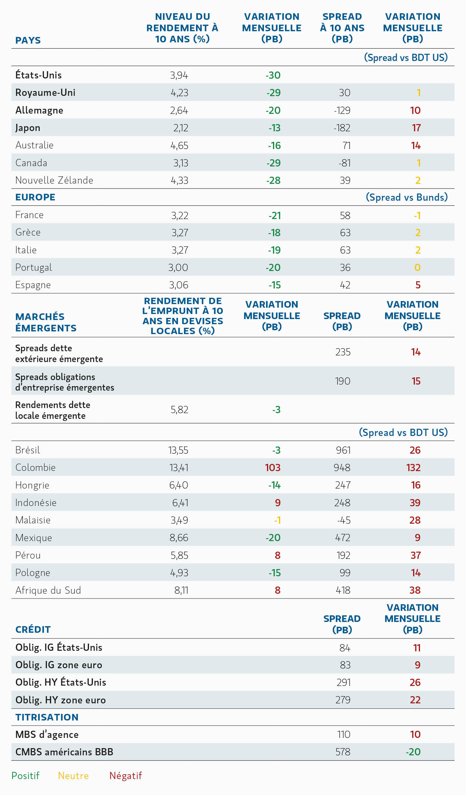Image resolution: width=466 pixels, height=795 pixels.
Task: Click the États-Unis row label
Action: click(x=38, y=75)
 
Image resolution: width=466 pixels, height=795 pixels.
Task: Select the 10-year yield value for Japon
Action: click(x=181, y=128)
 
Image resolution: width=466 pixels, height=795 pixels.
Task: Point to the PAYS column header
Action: click(x=28, y=40)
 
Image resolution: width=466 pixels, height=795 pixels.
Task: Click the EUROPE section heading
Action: click(x=35, y=197)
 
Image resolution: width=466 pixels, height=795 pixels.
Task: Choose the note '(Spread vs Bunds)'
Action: click(x=407, y=197)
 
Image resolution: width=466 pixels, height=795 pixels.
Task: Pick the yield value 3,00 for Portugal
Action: click(x=178, y=267)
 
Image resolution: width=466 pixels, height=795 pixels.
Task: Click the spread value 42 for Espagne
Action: click(x=345, y=285)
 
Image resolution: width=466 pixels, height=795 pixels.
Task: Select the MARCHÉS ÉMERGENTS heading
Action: click(x=46, y=322)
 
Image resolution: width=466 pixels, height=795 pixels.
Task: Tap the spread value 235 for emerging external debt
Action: click(x=343, y=352)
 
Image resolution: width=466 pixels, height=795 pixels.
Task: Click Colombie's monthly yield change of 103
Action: click(x=273, y=468)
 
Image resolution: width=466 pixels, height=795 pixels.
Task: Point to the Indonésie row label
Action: click(x=36, y=503)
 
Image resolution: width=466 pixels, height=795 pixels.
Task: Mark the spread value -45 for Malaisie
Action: click(x=344, y=520)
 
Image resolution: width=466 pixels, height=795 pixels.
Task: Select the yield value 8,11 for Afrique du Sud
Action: click(x=181, y=590)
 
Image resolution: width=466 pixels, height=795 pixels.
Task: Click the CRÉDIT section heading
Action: click(x=33, y=629)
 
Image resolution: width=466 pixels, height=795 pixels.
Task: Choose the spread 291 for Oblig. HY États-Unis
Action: click(x=344, y=682)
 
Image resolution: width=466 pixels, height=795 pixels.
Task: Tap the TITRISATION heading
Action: click(x=47, y=717)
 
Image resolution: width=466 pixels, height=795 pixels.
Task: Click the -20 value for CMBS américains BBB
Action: click(x=413, y=752)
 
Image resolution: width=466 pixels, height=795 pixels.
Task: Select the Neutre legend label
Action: click(x=73, y=775)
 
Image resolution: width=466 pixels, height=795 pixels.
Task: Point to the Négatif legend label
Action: click(x=126, y=775)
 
